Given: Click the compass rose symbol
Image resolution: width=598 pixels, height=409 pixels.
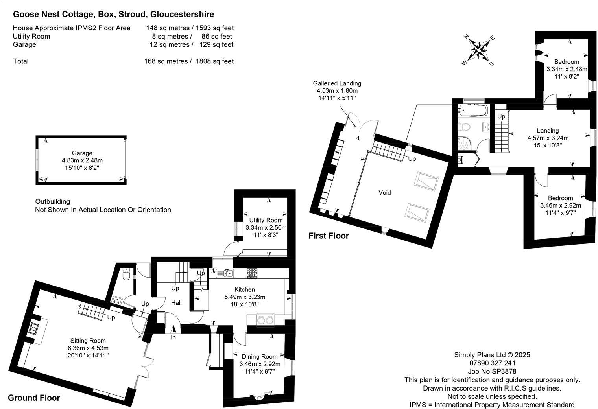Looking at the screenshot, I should [x=479, y=50].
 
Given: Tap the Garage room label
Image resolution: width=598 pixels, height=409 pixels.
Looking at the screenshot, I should [x=82, y=153].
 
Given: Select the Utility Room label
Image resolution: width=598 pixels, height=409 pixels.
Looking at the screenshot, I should [x=266, y=220].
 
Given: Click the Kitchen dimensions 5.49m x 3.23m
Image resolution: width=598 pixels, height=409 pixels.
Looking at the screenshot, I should [x=245, y=297].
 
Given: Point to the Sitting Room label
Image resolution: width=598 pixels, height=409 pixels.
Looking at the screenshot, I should [x=88, y=341].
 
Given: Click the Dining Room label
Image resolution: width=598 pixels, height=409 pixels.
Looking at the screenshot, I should [x=260, y=357].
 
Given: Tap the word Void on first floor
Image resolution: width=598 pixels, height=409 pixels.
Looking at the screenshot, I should [x=384, y=192].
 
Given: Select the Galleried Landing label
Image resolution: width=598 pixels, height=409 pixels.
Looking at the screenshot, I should [x=337, y=83].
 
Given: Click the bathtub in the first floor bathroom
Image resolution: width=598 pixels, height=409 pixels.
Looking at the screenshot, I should [x=472, y=110].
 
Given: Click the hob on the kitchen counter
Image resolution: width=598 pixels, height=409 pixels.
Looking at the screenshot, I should [x=252, y=272].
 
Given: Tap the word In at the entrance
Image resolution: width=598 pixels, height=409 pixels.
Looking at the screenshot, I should [x=173, y=337].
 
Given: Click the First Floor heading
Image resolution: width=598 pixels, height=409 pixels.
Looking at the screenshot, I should [x=329, y=236].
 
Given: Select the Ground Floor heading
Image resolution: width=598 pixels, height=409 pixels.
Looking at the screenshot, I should [x=34, y=398].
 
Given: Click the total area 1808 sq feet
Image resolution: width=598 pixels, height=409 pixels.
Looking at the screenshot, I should [x=214, y=61].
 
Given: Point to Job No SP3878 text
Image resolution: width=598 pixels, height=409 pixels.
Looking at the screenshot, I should [x=492, y=371].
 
